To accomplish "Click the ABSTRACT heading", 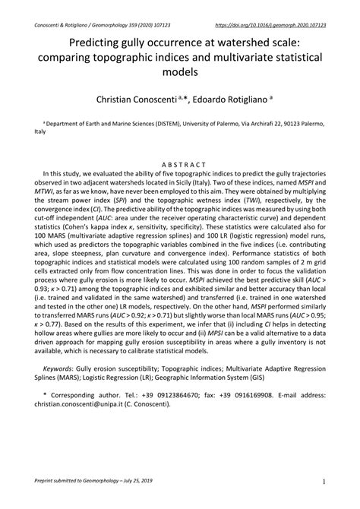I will point(180,163).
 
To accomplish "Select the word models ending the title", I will point(180,73).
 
